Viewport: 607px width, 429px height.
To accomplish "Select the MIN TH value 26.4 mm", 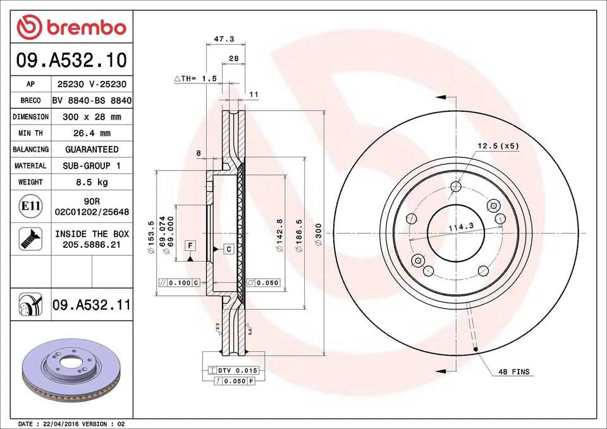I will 92,133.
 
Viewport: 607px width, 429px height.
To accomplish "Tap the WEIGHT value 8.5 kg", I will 92,182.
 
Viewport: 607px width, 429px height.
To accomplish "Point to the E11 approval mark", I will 30,207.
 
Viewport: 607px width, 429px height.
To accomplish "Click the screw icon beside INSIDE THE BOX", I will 30,238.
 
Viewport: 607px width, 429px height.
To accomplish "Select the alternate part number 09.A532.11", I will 91,305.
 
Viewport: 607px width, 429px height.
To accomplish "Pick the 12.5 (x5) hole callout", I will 498,146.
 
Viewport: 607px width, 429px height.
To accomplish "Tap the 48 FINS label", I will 513,372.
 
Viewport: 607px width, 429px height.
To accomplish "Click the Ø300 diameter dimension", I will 319,231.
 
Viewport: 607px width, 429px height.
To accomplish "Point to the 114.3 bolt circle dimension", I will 461,227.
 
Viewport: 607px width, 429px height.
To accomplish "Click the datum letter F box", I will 189,245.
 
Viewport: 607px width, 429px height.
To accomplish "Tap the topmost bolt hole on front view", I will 456,186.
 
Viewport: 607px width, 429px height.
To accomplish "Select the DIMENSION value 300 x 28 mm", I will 92,117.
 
